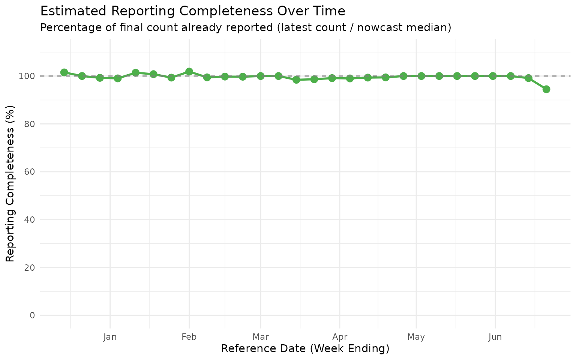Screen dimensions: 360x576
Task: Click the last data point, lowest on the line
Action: click(x=546, y=89)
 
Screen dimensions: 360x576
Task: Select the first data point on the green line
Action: click(x=64, y=72)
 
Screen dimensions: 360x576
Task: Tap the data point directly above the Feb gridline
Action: click(x=189, y=72)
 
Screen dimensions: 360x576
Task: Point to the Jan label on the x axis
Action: click(x=110, y=337)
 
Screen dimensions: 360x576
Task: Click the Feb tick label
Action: click(x=189, y=337)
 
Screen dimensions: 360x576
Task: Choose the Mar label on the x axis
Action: click(x=261, y=337)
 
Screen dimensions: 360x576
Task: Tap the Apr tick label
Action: click(x=340, y=337)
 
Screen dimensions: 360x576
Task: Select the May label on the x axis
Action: click(x=416, y=337)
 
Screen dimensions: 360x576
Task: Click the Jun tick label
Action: click(x=495, y=337)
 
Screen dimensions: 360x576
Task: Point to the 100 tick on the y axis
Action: click(x=28, y=76)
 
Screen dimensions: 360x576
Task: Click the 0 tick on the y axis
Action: click(x=33, y=315)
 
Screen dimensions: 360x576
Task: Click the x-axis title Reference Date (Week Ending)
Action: click(x=305, y=349)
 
